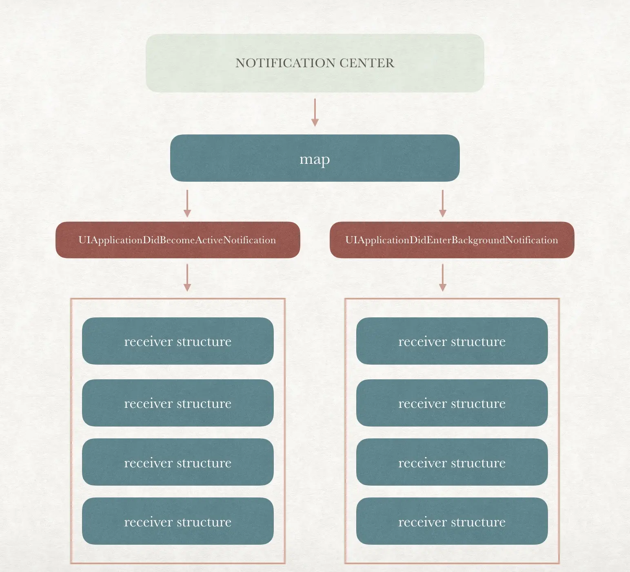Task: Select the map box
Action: [x=315, y=158]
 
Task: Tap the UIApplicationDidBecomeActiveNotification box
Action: [x=177, y=240]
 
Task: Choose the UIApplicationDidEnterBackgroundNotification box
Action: [x=452, y=240]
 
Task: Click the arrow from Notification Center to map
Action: [x=315, y=112]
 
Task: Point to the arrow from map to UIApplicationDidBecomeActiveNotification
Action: [x=187, y=203]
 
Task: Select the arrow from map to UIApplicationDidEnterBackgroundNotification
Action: [x=443, y=203]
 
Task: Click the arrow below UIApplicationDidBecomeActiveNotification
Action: [x=187, y=277]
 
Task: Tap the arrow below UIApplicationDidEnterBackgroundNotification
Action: [x=443, y=277]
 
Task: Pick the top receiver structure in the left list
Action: [x=177, y=341]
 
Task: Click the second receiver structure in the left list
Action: [x=177, y=403]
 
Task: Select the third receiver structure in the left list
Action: [x=177, y=462]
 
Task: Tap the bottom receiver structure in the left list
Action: [x=177, y=521]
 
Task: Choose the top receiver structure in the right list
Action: [x=452, y=341]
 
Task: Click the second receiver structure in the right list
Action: [x=452, y=403]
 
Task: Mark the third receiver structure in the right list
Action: [x=452, y=462]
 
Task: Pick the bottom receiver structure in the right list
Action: [x=452, y=521]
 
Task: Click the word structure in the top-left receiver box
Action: [x=204, y=341]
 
